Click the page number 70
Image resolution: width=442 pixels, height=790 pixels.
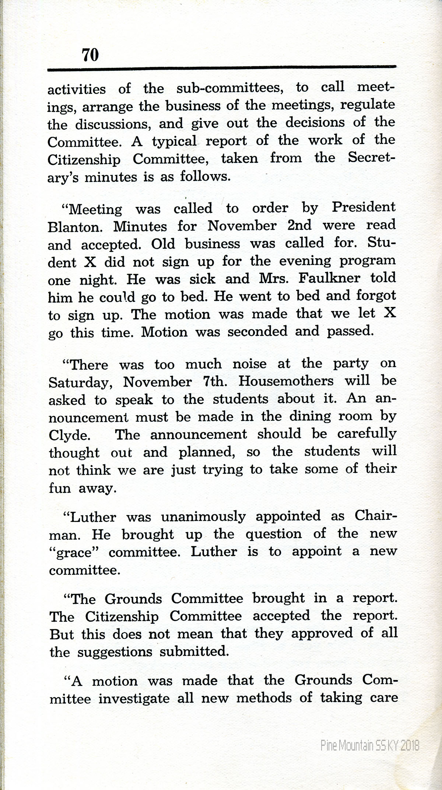tap(90, 55)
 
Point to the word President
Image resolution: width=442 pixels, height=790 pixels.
tap(364, 207)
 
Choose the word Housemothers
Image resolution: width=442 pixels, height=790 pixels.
tap(286, 381)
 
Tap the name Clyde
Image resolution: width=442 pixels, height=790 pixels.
tap(69, 435)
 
